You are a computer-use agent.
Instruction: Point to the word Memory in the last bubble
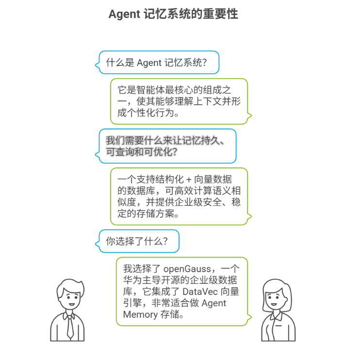point(140,314)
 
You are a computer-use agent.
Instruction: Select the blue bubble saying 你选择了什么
point(138,241)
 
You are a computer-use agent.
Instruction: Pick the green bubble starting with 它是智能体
point(179,101)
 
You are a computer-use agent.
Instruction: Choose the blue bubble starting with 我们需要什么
point(167,146)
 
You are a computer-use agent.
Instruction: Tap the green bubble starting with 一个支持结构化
point(179,196)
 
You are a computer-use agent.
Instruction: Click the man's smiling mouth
point(71,304)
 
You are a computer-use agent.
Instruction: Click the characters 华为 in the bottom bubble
point(129,280)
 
